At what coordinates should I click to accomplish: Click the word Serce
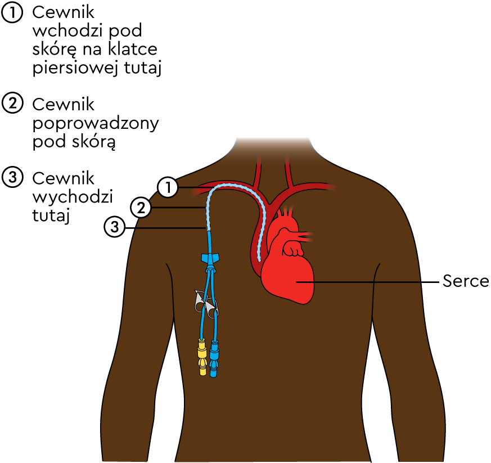tap(466, 281)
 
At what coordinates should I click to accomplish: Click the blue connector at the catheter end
tap(214, 357)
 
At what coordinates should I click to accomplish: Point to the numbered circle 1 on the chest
tap(167, 187)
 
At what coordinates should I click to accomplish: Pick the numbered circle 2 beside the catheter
tap(141, 208)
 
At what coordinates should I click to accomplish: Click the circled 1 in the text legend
tap(12, 14)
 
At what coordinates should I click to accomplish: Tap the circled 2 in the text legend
tap(12, 105)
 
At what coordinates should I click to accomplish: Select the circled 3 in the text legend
tap(12, 178)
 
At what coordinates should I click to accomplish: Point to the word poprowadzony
tap(96, 124)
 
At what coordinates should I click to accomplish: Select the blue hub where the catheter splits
tap(209, 259)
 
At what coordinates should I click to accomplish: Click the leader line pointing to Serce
tap(366, 281)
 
